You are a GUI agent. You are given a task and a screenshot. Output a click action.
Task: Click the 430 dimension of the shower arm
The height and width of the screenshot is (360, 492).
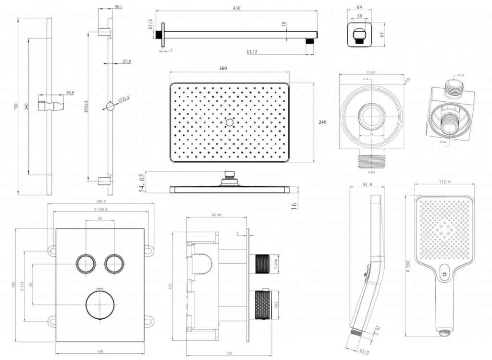(x=236, y=8)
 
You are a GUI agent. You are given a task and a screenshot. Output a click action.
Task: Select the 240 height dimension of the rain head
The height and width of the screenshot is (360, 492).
(x=322, y=122)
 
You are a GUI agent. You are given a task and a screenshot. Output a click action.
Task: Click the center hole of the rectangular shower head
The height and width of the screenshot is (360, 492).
(x=229, y=122)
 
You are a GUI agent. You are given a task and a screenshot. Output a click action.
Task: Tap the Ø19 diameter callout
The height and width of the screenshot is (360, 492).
(x=127, y=61)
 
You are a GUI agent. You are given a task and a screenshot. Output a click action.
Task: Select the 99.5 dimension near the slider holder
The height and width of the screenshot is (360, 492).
(x=70, y=93)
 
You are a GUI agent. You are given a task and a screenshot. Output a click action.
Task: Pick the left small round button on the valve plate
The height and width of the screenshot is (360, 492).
(x=86, y=264)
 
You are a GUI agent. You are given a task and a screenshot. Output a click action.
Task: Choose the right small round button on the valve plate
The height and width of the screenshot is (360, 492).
(x=114, y=264)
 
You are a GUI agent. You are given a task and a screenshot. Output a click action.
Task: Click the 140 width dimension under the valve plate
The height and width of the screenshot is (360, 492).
(x=99, y=352)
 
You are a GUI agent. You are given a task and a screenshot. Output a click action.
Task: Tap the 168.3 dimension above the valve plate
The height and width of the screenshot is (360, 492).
(x=101, y=202)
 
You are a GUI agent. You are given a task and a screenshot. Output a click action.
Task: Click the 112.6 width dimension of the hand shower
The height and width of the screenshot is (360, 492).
(x=444, y=181)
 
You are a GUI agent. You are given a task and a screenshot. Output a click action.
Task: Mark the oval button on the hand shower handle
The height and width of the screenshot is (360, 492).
(x=443, y=276)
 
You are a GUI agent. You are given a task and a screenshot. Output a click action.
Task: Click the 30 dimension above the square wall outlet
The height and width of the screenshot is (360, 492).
(x=360, y=16)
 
